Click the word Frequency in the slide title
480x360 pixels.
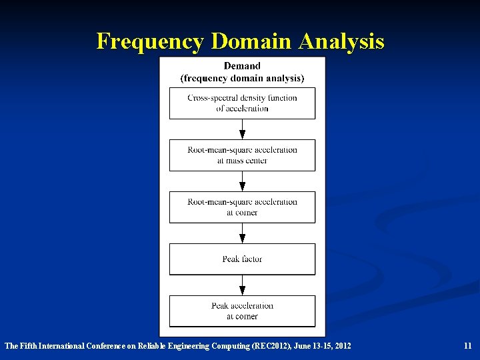tap(150, 41)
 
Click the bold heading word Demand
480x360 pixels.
tap(242, 66)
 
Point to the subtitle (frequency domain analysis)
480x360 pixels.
tap(242, 78)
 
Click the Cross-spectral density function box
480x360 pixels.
tap(242, 103)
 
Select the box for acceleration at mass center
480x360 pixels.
tap(242, 155)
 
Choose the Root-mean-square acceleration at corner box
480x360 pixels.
tap(242, 207)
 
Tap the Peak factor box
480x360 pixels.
tap(242, 259)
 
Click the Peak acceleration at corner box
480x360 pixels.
tap(242, 311)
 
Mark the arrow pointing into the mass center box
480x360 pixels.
tap(242, 132)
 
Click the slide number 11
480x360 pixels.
tap(467, 346)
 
